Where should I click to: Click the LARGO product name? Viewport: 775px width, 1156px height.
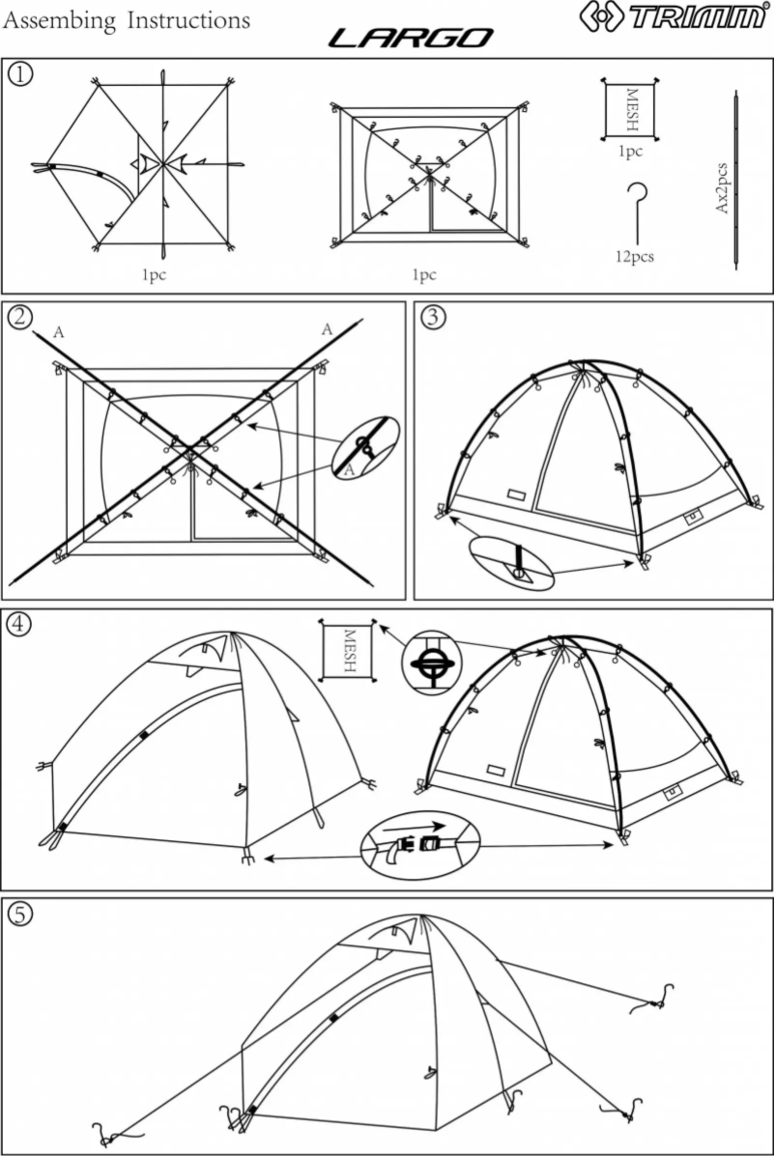point(411,39)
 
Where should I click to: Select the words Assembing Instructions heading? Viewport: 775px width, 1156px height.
point(127,20)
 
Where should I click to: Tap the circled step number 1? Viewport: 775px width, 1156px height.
point(19,73)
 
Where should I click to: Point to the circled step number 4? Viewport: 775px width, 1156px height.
point(19,622)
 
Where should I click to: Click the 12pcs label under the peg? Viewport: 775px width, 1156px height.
point(634,257)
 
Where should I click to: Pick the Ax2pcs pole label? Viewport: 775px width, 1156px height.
point(720,188)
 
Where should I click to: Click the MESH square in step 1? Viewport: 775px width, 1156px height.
point(630,110)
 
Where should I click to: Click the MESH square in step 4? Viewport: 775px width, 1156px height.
point(349,652)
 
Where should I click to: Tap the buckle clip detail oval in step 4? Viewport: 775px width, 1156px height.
point(420,839)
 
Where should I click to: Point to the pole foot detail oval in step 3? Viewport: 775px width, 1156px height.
point(512,563)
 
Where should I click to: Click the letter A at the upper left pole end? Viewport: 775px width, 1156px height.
point(59,332)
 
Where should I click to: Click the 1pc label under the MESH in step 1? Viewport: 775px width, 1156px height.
point(630,152)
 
